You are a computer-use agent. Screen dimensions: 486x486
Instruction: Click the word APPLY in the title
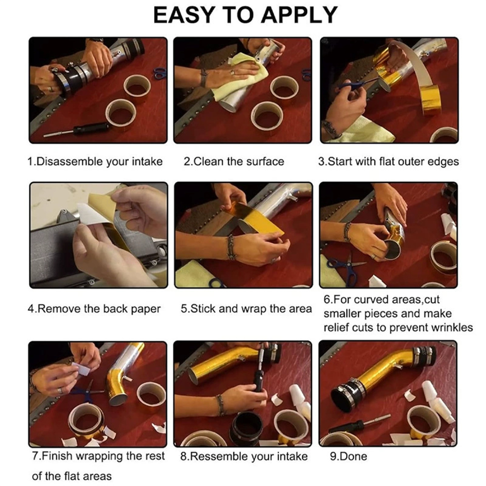(x=299, y=15)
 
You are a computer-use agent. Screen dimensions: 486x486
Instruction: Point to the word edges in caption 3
(x=443, y=162)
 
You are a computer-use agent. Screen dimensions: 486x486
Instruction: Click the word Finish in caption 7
(x=57, y=456)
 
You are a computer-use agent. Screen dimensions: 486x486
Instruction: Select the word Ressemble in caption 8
(x=219, y=456)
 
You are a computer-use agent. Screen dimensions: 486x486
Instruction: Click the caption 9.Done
(x=348, y=456)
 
